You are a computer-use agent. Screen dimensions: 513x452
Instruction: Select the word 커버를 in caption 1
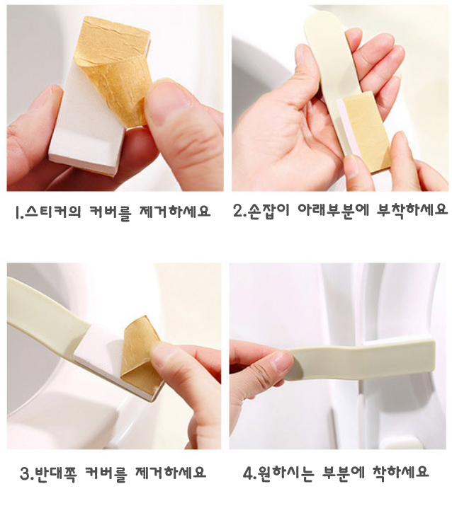[110, 212]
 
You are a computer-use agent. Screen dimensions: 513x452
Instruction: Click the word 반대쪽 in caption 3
[56, 473]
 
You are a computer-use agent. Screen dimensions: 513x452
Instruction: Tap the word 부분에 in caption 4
[354, 473]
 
